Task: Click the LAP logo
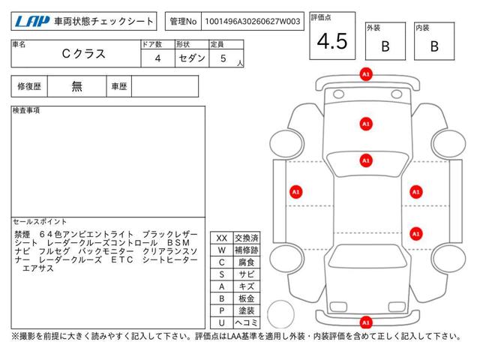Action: coord(32,22)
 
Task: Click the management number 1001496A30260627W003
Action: coord(253,22)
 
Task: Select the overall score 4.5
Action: coord(332,41)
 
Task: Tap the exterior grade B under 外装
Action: coord(385,46)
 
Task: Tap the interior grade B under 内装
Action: coord(434,46)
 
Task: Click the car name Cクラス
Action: coord(83,54)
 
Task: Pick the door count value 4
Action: coord(157,58)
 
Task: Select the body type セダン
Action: coord(192,58)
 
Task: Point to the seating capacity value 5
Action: coord(223,58)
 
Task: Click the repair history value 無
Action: coord(76,86)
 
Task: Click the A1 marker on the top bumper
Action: coord(366,74)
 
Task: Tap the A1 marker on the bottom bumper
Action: coord(366,322)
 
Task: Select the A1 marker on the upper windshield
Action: coord(366,124)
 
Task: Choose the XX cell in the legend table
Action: coord(222,238)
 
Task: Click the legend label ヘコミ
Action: coord(247,322)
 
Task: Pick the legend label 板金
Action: coord(247,298)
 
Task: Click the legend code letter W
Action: coord(222,250)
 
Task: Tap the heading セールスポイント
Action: coord(40,222)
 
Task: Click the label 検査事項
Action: coord(26,110)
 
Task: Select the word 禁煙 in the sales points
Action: coord(22,235)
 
